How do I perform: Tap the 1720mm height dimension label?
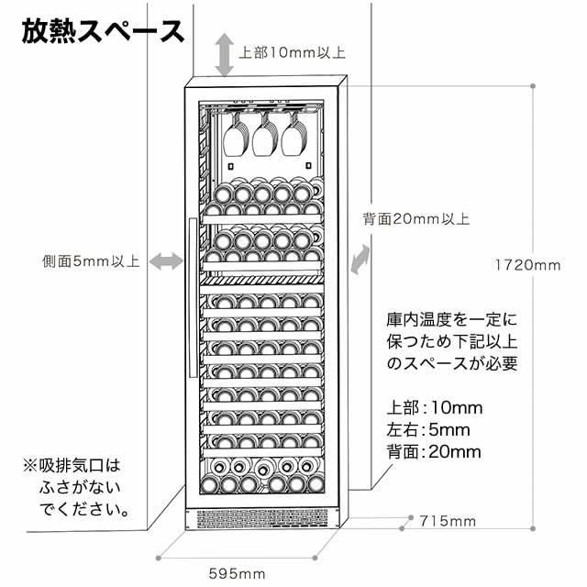(528, 265)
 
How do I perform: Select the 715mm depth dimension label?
(448, 521)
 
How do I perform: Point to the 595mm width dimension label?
(238, 573)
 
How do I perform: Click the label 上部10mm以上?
(292, 52)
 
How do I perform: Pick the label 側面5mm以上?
(92, 260)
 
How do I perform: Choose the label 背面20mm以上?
(415, 218)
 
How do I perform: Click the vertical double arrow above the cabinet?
(224, 55)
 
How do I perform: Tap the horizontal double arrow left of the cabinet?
(166, 260)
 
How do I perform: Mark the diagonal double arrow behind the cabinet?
(360, 260)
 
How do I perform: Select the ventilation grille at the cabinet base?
(262, 518)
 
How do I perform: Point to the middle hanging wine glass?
(265, 135)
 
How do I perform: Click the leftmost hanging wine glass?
(236, 135)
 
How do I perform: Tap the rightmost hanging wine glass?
(294, 135)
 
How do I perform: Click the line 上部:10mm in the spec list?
(435, 407)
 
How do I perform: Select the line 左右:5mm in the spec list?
(428, 430)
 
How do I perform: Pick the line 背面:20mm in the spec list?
(434, 452)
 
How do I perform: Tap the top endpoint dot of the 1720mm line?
(533, 85)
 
